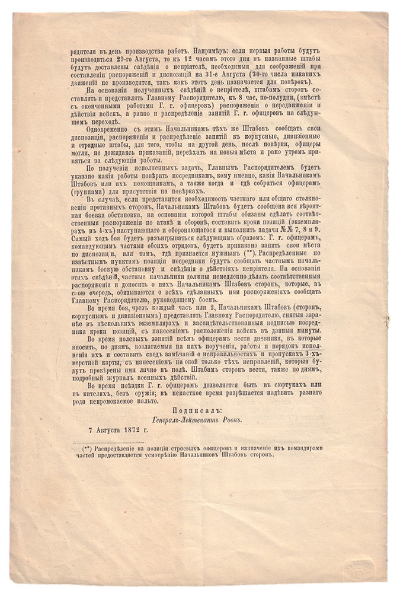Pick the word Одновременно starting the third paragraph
coord(106,127)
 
